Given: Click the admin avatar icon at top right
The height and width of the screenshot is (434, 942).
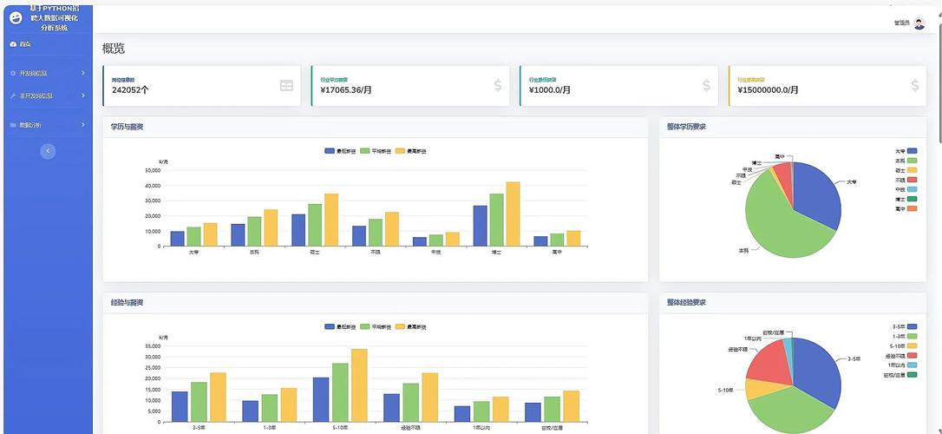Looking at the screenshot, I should [x=919, y=23].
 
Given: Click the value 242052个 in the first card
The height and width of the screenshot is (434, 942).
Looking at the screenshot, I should [x=130, y=89].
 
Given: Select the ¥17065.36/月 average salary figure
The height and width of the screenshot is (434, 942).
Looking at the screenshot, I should [x=346, y=89].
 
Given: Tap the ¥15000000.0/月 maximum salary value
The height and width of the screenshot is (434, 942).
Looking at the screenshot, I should [x=768, y=89].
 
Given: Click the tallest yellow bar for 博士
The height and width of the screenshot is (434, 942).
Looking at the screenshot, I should [x=513, y=214].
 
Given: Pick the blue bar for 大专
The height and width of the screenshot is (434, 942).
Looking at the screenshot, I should [x=177, y=239].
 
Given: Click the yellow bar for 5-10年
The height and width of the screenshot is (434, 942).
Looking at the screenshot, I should [x=359, y=385].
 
